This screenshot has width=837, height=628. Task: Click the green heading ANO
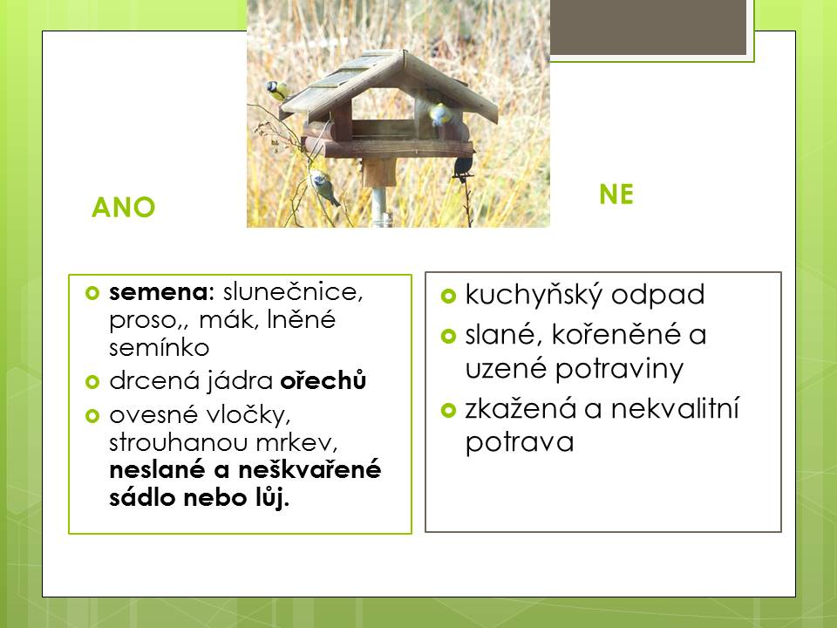click(123, 208)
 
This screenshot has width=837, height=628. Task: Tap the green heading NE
click(616, 195)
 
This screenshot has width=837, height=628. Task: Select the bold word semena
click(159, 292)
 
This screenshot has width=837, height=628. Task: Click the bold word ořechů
click(323, 380)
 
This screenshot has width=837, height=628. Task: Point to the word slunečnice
click(293, 291)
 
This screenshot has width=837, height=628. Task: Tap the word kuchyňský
click(534, 296)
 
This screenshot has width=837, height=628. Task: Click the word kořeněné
click(616, 335)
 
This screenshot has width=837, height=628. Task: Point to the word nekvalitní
click(675, 408)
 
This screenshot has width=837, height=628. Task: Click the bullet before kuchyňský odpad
click(448, 296)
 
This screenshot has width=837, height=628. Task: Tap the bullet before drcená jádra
click(92, 382)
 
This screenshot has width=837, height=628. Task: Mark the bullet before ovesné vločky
click(92, 415)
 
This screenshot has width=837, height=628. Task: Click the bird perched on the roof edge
click(277, 90)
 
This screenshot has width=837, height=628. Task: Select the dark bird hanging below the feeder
click(463, 167)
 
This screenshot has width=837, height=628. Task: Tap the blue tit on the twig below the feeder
click(323, 186)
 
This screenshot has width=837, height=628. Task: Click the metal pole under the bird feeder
click(379, 208)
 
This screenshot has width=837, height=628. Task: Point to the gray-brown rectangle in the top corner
click(648, 27)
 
